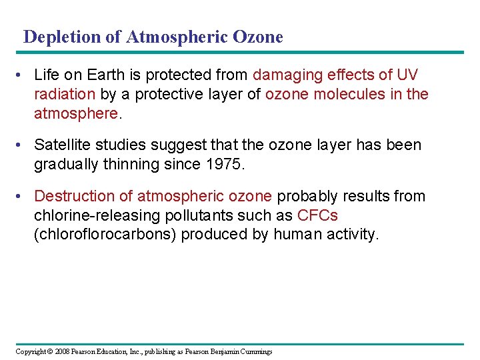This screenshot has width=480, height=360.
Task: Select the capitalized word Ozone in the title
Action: [x=258, y=37]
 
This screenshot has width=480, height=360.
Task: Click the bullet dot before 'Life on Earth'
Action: [x=23, y=76]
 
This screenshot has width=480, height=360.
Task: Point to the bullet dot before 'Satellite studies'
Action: [x=23, y=145]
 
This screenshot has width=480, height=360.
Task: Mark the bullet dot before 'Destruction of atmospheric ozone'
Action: [x=23, y=196]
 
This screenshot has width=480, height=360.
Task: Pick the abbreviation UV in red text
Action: [x=407, y=75]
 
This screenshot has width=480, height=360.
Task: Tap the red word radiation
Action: [x=66, y=94]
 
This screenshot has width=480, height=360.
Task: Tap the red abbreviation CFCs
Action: [x=317, y=215]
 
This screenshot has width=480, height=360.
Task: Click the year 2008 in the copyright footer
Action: [x=61, y=351]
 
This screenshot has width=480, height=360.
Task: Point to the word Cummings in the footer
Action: [x=255, y=351]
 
